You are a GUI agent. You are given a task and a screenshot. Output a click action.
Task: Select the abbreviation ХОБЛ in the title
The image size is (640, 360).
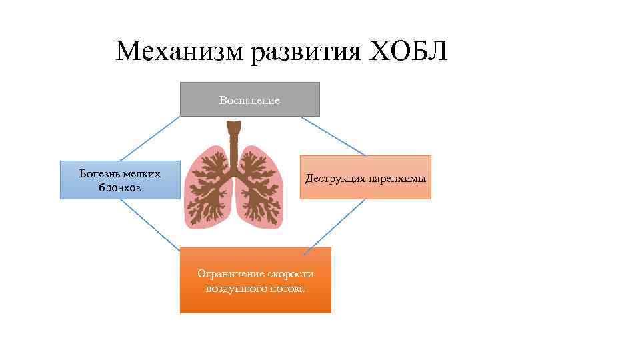tap(408, 51)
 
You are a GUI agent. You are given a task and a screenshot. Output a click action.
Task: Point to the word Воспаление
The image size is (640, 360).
tap(249, 101)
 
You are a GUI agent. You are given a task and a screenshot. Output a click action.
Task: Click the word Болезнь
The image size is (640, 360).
tap(101, 174)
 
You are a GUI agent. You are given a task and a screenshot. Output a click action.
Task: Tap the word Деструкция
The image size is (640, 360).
tap(333, 179)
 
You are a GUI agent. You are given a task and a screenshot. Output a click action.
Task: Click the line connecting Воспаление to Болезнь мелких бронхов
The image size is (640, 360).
tap(150, 139)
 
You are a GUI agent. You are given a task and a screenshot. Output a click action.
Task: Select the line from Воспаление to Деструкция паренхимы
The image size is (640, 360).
tap(333, 136)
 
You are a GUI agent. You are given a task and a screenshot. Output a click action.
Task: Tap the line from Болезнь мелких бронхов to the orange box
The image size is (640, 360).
tap(150, 225)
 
